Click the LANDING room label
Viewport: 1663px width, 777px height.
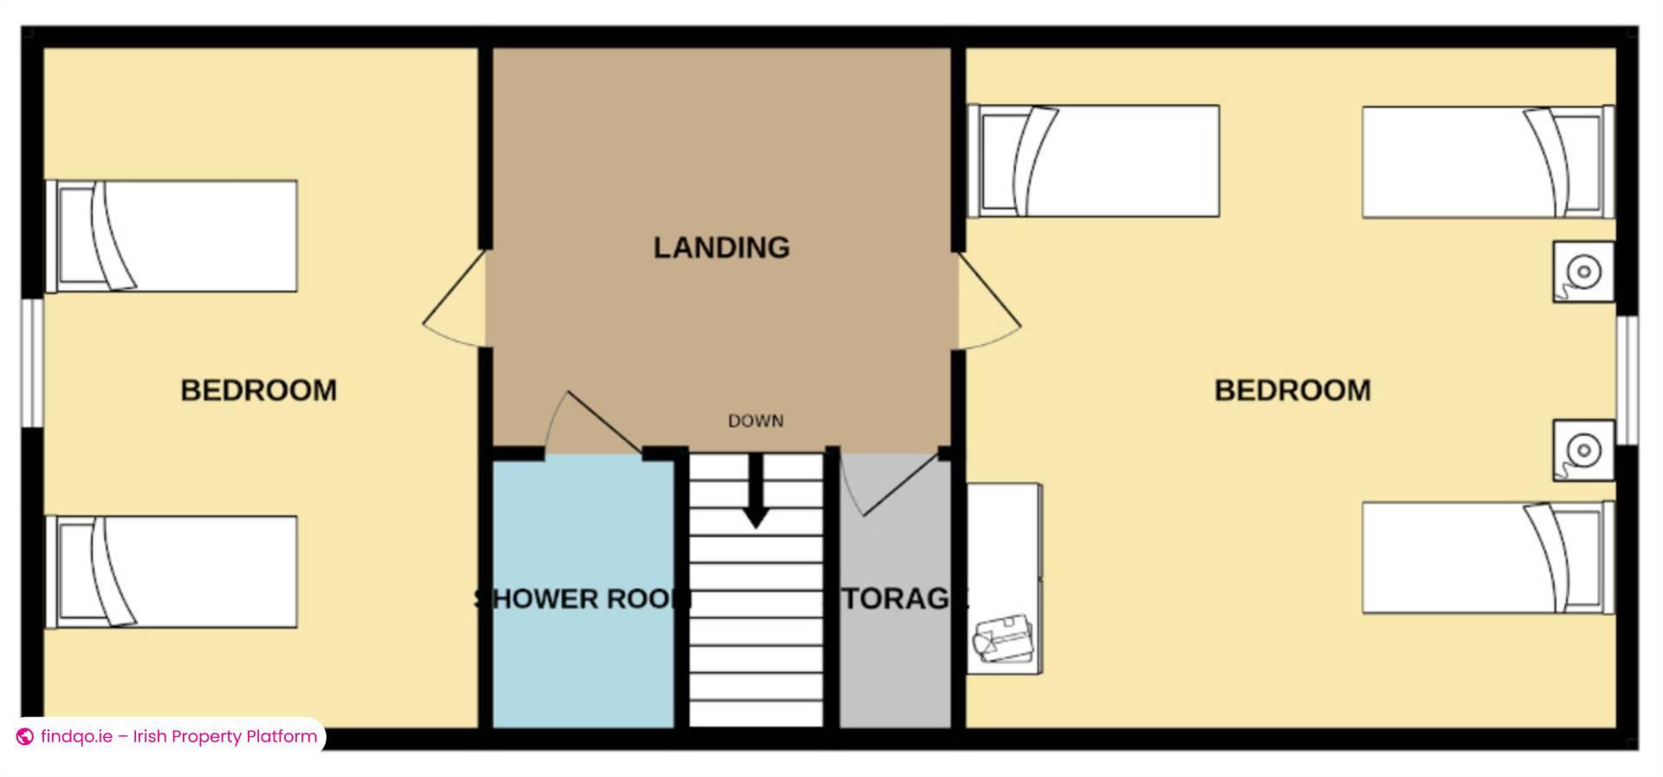click(x=721, y=248)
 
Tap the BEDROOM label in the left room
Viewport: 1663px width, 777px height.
click(x=258, y=391)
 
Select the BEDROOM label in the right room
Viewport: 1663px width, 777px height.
click(x=1291, y=391)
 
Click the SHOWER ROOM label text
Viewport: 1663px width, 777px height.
click(x=583, y=599)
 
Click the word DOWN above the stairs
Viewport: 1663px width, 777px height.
click(x=755, y=421)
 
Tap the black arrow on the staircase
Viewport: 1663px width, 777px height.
click(x=756, y=495)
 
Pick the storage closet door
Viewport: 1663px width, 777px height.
click(x=892, y=485)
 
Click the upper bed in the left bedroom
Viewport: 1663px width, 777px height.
click(x=172, y=236)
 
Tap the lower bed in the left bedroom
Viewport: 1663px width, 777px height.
click(x=172, y=572)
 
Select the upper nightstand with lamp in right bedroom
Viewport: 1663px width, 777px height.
click(x=1582, y=272)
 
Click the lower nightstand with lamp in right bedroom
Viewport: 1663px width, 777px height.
click(x=1582, y=450)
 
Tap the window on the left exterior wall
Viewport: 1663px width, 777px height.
click(x=32, y=363)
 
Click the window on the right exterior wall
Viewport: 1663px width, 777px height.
click(x=1628, y=380)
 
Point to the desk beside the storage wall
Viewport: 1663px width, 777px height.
click(x=1004, y=579)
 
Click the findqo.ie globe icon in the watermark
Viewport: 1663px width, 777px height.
click(x=25, y=737)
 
